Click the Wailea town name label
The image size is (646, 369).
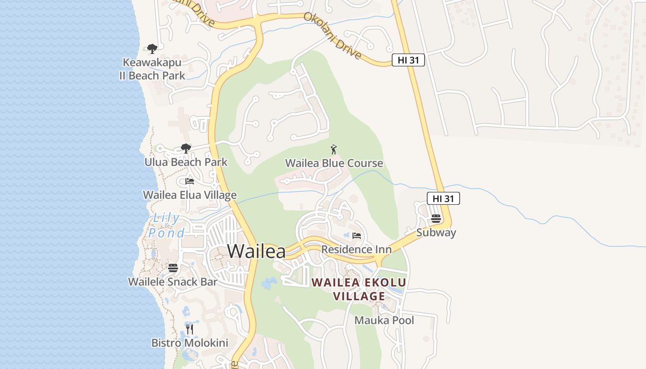pyautogui.click(x=256, y=251)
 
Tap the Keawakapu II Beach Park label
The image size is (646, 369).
pyautogui.click(x=152, y=69)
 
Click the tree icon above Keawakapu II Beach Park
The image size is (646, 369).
pyautogui.click(x=152, y=48)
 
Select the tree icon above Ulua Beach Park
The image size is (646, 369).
pyautogui.click(x=185, y=149)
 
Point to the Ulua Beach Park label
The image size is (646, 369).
pyautogui.click(x=185, y=162)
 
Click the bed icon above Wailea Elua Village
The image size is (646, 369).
pyautogui.click(x=189, y=181)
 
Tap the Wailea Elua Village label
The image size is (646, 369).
pyautogui.click(x=190, y=195)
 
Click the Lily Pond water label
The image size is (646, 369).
pyautogui.click(x=166, y=226)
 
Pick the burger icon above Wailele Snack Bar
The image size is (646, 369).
pyautogui.click(x=173, y=268)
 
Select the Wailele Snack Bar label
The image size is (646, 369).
pyautogui.click(x=173, y=282)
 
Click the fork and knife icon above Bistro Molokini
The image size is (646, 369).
pyautogui.click(x=190, y=329)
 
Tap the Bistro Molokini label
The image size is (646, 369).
pyautogui.click(x=190, y=343)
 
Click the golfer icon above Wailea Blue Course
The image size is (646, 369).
pyautogui.click(x=334, y=149)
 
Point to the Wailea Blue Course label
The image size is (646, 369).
pyautogui.click(x=334, y=163)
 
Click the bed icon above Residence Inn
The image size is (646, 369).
pyautogui.click(x=356, y=236)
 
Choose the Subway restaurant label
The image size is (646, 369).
pyautogui.click(x=436, y=232)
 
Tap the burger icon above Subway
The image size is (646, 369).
pyautogui.click(x=436, y=219)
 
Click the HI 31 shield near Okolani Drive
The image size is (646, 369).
pyautogui.click(x=408, y=60)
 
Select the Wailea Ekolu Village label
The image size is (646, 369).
pyautogui.click(x=359, y=289)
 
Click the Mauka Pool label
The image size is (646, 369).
pyautogui.click(x=384, y=320)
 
